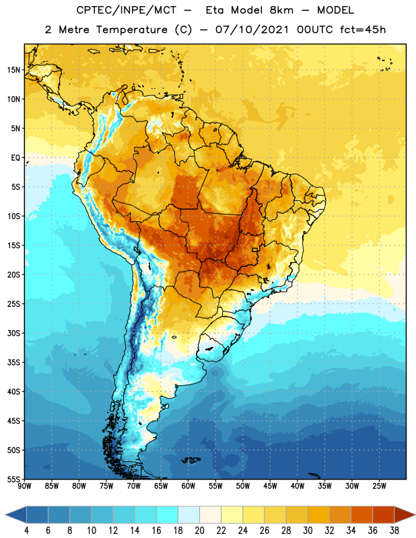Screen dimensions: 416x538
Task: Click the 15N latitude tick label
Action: (x=13, y=70)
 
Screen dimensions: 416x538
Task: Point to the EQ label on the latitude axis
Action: (x=15, y=158)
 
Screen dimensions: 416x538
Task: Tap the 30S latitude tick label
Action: (x=13, y=333)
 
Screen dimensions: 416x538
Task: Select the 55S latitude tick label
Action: (x=13, y=479)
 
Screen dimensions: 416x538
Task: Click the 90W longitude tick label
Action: (x=24, y=486)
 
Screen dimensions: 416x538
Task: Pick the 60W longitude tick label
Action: (x=188, y=486)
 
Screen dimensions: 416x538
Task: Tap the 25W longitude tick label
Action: (x=379, y=486)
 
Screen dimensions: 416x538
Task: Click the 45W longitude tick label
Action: (x=270, y=486)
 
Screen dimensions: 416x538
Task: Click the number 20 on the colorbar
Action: (x=199, y=531)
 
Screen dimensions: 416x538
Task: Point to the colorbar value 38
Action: (x=394, y=531)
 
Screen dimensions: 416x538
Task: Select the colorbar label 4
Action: (x=26, y=531)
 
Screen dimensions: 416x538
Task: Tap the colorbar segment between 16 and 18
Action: (x=168, y=514)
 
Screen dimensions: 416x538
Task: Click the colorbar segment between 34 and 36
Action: (x=362, y=514)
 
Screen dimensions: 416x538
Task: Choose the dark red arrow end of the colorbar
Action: (x=404, y=514)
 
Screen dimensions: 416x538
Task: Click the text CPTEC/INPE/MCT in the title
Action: (x=127, y=10)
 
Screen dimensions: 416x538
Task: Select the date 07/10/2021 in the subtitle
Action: (x=252, y=30)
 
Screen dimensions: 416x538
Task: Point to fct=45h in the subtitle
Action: (x=363, y=30)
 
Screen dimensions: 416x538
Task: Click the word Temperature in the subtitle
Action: (x=131, y=30)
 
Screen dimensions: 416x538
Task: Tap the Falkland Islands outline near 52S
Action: (x=190, y=460)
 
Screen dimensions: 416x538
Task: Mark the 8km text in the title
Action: (x=281, y=10)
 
